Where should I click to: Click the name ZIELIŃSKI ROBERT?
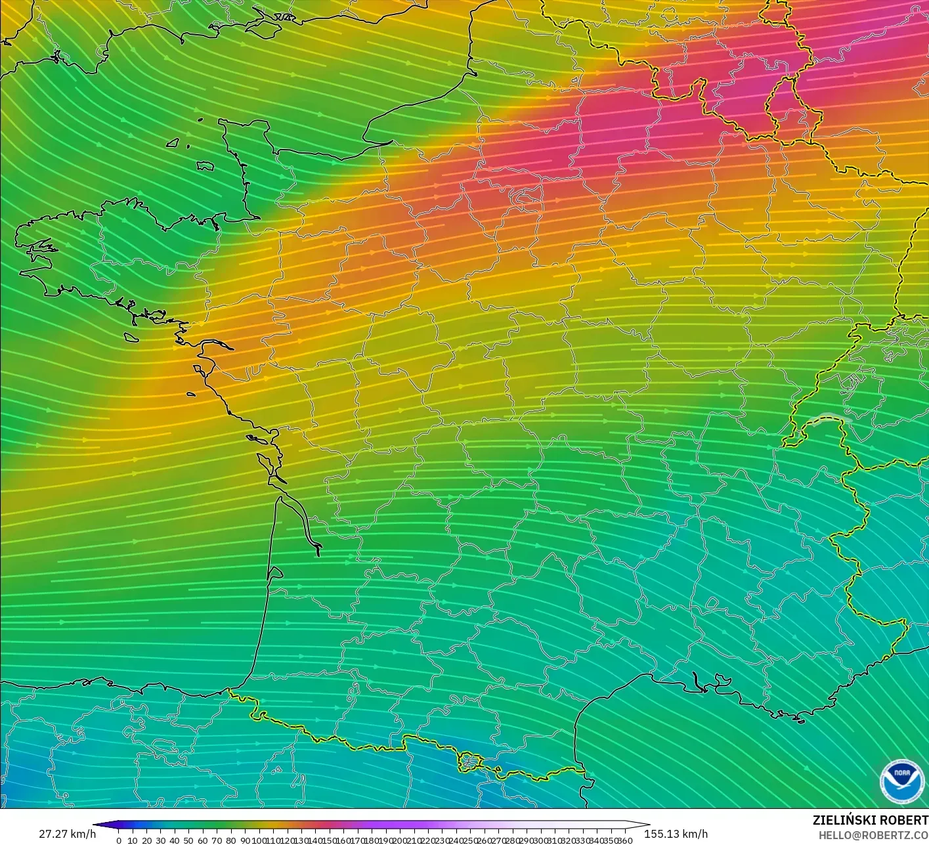pyautogui.click(x=870, y=820)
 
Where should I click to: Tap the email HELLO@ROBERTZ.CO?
pyautogui.click(x=869, y=834)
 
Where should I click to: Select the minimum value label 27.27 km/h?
pyautogui.click(x=67, y=834)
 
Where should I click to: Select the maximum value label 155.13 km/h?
pyautogui.click(x=676, y=834)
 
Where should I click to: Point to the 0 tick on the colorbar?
pyautogui.click(x=119, y=840)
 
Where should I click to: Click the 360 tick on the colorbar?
pyautogui.click(x=626, y=840)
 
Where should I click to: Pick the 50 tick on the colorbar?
pyautogui.click(x=188, y=840)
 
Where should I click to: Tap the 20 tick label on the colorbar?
pyautogui.click(x=146, y=840)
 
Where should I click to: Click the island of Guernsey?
pyautogui.click(x=173, y=142)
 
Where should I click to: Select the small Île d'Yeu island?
pyautogui.click(x=190, y=395)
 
